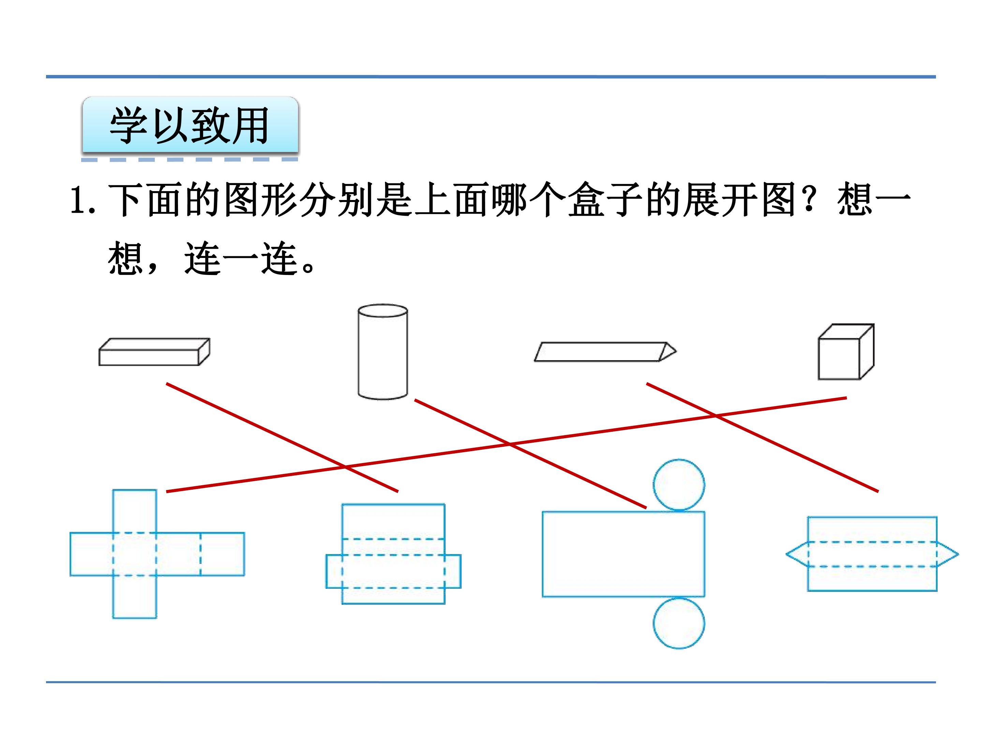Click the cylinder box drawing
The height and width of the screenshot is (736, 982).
click(383, 352)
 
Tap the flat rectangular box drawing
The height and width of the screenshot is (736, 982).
click(154, 352)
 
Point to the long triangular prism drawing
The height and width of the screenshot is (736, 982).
click(605, 352)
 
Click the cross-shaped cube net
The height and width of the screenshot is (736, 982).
click(135, 554)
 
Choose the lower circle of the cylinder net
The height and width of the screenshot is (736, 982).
click(679, 623)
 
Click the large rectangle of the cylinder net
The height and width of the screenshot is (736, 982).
click(623, 554)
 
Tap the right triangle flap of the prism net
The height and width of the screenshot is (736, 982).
click(947, 554)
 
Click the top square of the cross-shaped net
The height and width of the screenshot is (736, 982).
click(135, 511)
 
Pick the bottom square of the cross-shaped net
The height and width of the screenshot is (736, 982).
click(135, 597)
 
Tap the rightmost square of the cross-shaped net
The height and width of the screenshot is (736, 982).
click(222, 554)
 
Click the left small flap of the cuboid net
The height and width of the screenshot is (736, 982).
click(334, 571)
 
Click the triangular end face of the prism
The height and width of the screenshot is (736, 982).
click(668, 352)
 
